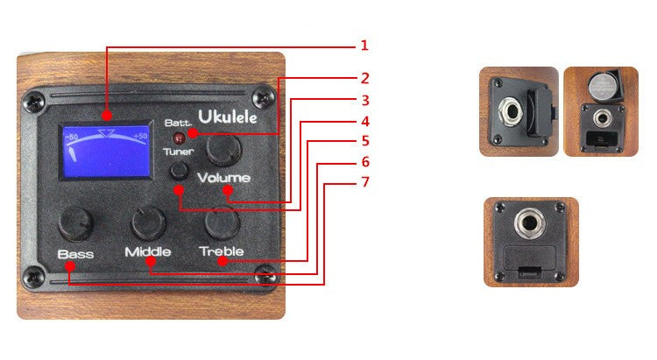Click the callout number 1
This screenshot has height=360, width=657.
click(x=364, y=45)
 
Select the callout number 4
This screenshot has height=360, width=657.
click(x=364, y=121)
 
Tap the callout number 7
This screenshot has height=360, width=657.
click(x=364, y=182)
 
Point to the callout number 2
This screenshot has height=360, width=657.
click(x=364, y=78)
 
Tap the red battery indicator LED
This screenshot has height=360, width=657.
click(x=180, y=138)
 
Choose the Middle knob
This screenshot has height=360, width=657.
click(x=146, y=222)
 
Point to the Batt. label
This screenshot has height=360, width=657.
click(x=178, y=124)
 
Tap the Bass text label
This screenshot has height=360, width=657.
click(x=75, y=254)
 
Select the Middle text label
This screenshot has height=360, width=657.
click(x=147, y=252)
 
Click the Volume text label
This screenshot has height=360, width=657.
click(x=224, y=179)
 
